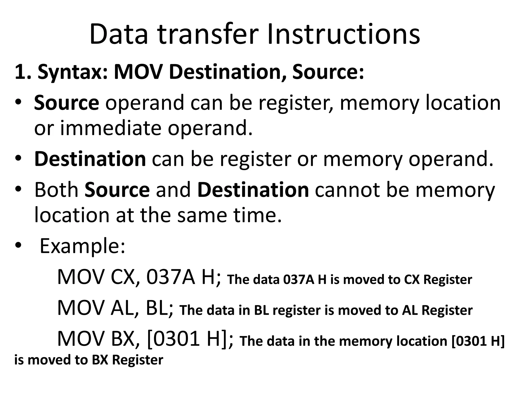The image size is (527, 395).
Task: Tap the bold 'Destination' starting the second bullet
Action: tap(90, 159)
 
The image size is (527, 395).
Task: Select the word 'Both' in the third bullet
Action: tap(56, 190)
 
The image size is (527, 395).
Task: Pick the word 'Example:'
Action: tap(82, 246)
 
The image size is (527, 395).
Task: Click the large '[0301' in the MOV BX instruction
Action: tap(172, 339)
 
